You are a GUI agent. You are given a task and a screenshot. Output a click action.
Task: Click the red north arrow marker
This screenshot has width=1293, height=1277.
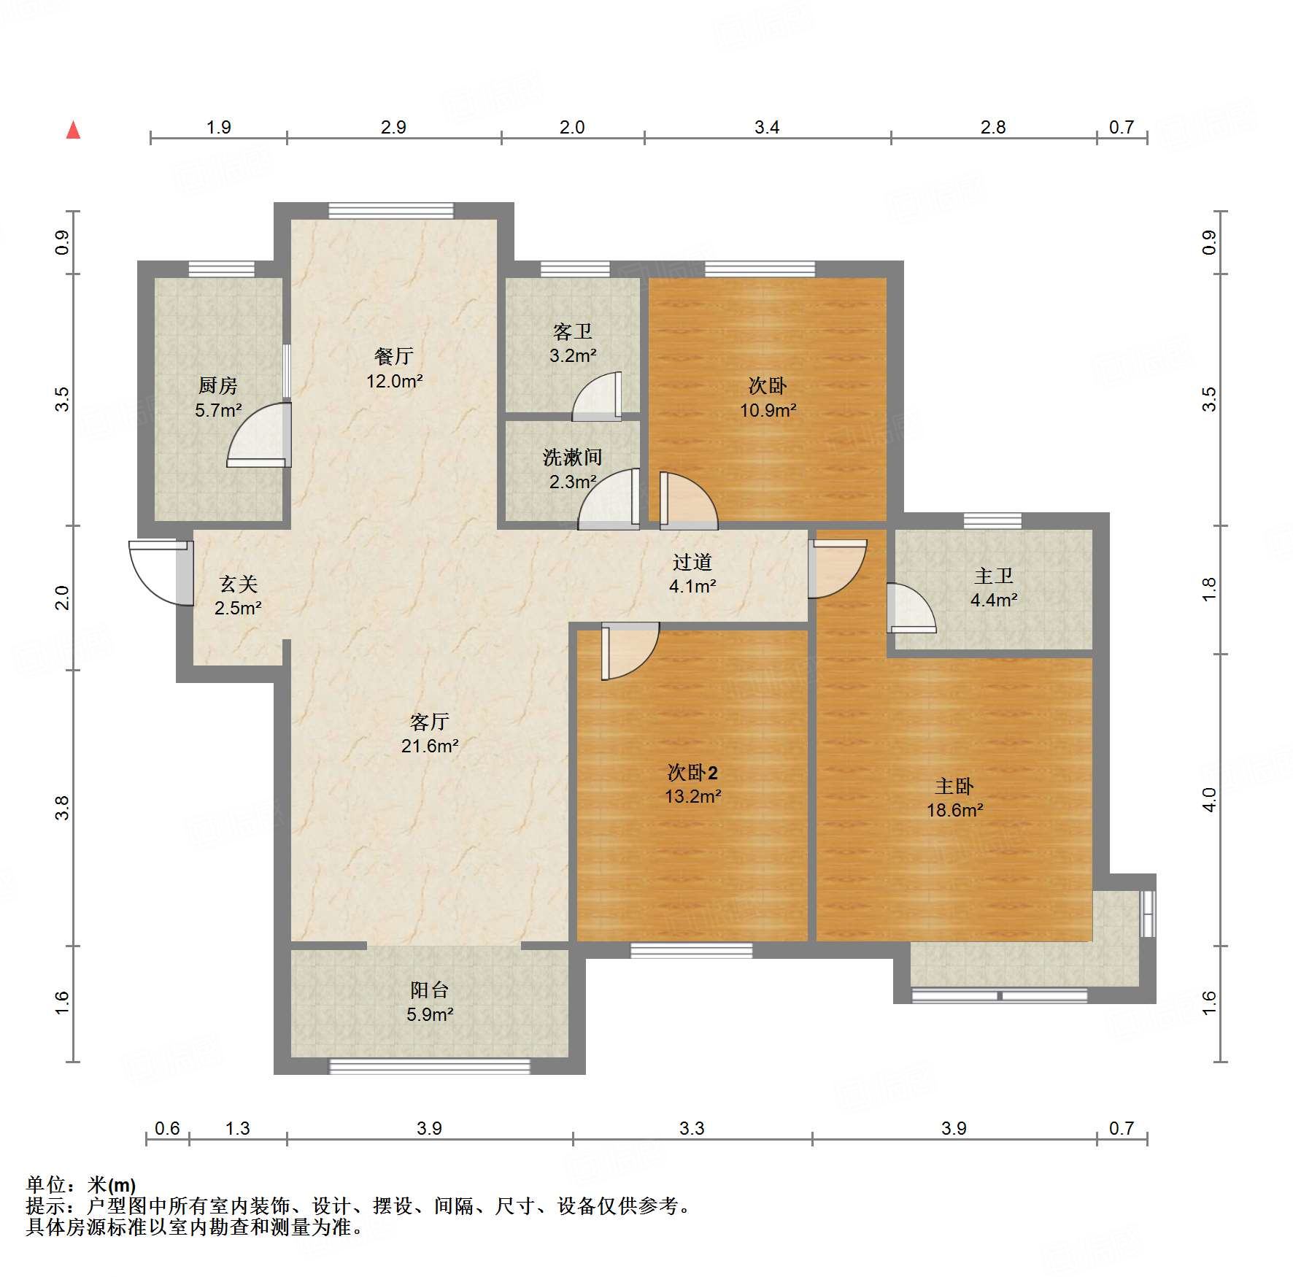(73, 131)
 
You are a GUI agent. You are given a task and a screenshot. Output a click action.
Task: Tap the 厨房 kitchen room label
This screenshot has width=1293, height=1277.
(218, 385)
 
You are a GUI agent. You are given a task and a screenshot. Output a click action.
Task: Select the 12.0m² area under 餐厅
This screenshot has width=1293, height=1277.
(394, 381)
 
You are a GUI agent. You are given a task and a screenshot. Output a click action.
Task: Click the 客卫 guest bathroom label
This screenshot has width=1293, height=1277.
(573, 332)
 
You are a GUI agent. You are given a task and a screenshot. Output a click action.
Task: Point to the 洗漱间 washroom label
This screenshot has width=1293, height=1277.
(572, 458)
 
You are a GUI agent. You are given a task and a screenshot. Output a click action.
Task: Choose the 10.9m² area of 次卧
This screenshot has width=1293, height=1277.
(768, 410)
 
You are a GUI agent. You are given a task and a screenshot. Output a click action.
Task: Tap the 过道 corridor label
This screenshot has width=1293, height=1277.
(692, 562)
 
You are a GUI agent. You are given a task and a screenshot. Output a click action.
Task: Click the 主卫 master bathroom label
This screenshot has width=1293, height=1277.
(993, 576)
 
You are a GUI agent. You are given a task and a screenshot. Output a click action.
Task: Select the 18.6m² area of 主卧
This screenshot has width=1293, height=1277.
(954, 810)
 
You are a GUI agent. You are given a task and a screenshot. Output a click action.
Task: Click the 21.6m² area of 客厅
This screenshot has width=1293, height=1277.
(429, 746)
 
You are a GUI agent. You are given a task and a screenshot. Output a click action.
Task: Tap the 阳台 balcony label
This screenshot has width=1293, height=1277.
(429, 990)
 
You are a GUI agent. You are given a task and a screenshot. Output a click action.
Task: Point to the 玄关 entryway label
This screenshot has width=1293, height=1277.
(238, 584)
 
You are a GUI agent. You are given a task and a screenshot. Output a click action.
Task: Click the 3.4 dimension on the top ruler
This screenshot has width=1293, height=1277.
(767, 128)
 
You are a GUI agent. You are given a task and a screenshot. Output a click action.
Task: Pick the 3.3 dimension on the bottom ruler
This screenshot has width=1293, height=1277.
(692, 1129)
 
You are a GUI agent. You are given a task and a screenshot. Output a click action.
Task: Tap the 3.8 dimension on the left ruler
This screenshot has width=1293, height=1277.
(63, 808)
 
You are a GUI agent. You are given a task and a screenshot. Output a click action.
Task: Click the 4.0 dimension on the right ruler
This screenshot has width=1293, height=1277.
(1209, 800)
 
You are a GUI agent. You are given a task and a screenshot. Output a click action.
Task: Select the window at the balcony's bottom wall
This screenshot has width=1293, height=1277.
(430, 1066)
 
